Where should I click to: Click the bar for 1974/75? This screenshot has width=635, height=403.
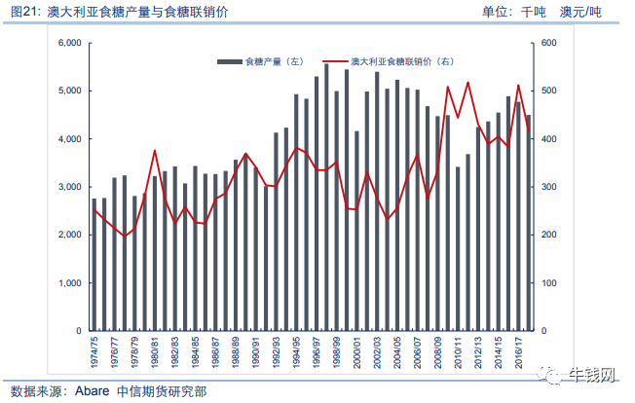pos(94,265)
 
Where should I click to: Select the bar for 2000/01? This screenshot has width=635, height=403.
pos(356,231)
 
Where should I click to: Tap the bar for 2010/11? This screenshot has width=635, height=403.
pos(458,249)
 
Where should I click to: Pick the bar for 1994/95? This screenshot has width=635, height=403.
pos(296,213)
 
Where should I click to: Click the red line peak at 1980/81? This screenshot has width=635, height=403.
pos(155,151)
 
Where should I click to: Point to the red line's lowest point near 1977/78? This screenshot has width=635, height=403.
pos(125,236)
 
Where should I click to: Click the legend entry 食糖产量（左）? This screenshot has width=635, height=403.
pos(260,61)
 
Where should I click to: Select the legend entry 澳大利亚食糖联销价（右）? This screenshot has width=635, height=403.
pos(388,61)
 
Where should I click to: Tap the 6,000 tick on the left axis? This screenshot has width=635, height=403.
pos(70,43)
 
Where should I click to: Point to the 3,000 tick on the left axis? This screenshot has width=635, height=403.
pos(70,187)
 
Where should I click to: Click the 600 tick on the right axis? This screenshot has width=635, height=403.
pos(548,43)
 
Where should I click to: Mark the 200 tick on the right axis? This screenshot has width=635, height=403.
pos(548,235)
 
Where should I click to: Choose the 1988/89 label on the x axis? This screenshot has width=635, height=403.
pos(236,352)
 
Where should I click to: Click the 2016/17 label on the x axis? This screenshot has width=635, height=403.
pos(519,352)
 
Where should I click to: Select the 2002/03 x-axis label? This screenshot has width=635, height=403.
pos(377,352)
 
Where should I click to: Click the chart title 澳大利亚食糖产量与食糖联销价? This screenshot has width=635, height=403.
pos(137,12)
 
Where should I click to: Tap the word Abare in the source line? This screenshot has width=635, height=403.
pos(92,391)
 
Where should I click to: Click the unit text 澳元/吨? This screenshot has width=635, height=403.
pos(580,12)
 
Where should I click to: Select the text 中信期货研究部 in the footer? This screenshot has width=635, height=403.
pos(162,391)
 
